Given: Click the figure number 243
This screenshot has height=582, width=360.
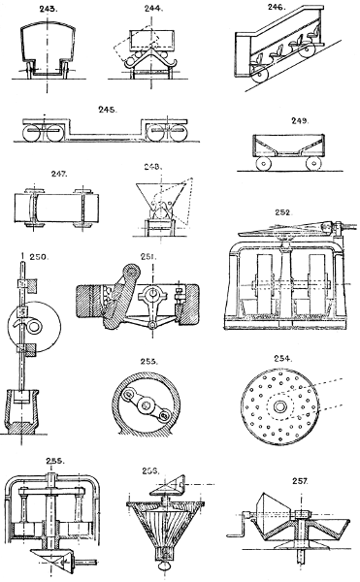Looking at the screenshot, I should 44,13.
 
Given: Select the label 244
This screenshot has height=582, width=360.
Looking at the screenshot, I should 151,13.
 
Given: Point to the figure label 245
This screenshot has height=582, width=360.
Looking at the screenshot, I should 109,111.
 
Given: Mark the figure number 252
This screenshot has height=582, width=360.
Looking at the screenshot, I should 283,211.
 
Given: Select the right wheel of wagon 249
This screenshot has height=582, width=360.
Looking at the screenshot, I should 311,164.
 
